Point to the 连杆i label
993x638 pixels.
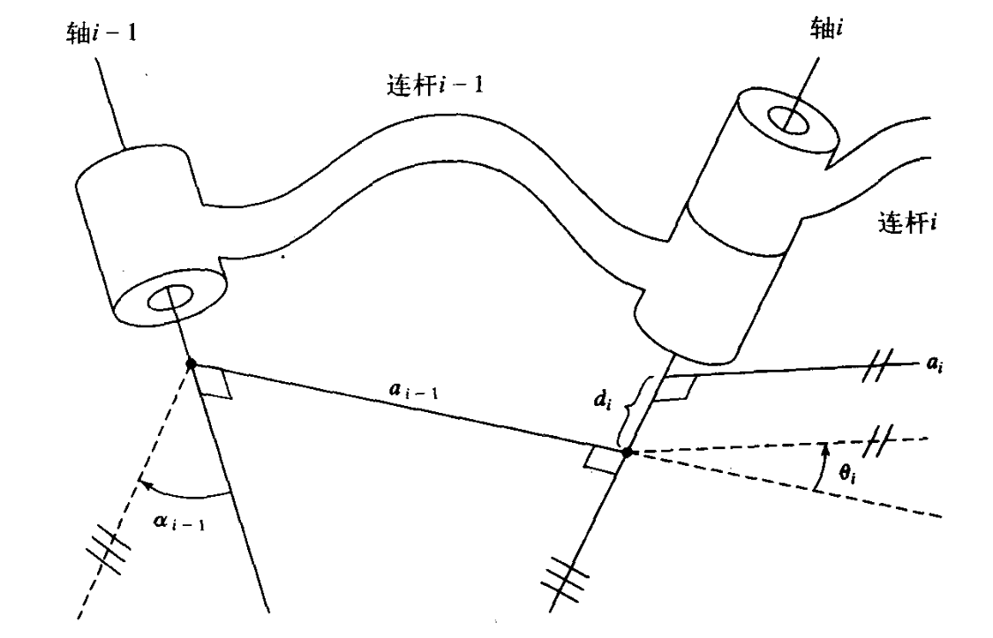tap(907, 221)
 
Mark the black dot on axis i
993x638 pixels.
tap(628, 453)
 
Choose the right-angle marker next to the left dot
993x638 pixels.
tap(215, 385)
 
